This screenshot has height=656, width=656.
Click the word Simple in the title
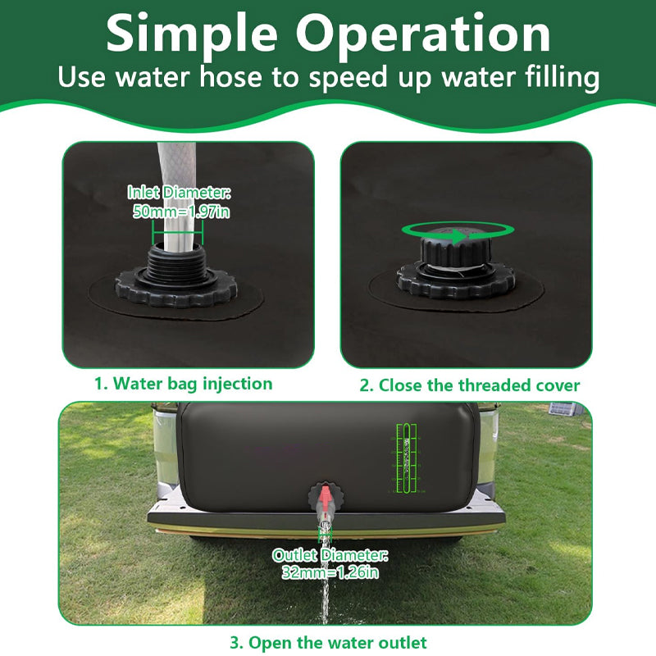(x=194, y=34)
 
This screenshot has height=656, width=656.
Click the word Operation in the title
(x=423, y=34)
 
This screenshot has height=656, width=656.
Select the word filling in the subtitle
(x=554, y=79)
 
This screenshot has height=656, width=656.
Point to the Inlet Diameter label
(x=180, y=193)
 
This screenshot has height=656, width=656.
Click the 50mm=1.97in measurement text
(x=180, y=212)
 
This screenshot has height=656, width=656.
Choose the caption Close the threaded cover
(x=470, y=385)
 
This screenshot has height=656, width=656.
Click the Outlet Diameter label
(x=330, y=555)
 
